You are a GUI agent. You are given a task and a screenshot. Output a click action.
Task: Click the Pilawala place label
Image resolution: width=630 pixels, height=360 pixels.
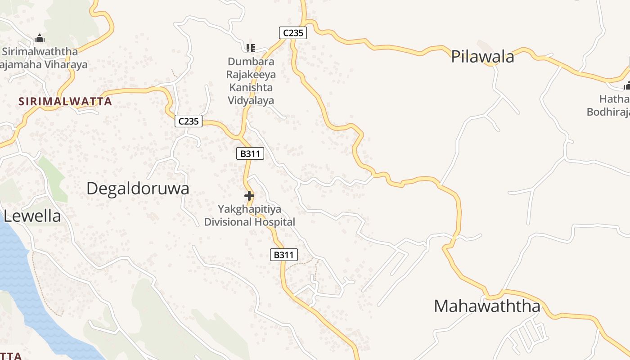tap(482, 57)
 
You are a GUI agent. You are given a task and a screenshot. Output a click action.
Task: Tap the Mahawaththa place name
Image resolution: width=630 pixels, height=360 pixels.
tap(487, 306)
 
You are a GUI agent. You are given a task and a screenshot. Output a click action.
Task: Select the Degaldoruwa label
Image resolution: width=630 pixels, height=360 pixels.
tap(138, 189)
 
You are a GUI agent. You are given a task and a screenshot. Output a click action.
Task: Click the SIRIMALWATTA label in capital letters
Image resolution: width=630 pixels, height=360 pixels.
tap(65, 102)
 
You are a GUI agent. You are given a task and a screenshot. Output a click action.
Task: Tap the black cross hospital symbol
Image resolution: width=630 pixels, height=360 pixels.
tap(249, 196)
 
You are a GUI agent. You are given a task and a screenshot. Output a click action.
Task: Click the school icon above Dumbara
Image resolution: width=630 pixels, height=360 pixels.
tap(251, 48)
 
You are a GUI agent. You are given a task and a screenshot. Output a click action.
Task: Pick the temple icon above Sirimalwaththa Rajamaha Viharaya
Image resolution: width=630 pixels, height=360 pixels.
tap(40, 39)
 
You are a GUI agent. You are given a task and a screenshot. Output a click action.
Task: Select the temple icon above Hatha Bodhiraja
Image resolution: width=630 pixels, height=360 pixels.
tap(627, 85)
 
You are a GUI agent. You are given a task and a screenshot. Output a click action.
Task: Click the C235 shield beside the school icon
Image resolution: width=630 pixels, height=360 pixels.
tap(292, 33)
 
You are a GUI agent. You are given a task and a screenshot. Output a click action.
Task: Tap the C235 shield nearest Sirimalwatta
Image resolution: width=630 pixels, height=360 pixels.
tap(189, 121)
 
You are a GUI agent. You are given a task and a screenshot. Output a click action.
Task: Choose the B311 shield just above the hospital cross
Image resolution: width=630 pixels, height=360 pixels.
tap(250, 153)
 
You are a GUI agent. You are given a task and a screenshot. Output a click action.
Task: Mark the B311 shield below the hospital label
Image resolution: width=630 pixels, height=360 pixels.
tap(284, 255)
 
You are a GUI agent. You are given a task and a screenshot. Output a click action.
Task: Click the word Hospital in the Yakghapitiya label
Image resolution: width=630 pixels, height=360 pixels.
tap(275, 222)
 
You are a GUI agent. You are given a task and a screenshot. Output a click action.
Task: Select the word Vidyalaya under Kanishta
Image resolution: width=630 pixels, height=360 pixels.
tap(251, 100)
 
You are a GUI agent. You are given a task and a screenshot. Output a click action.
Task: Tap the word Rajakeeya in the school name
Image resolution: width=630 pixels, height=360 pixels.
tap(251, 74)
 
